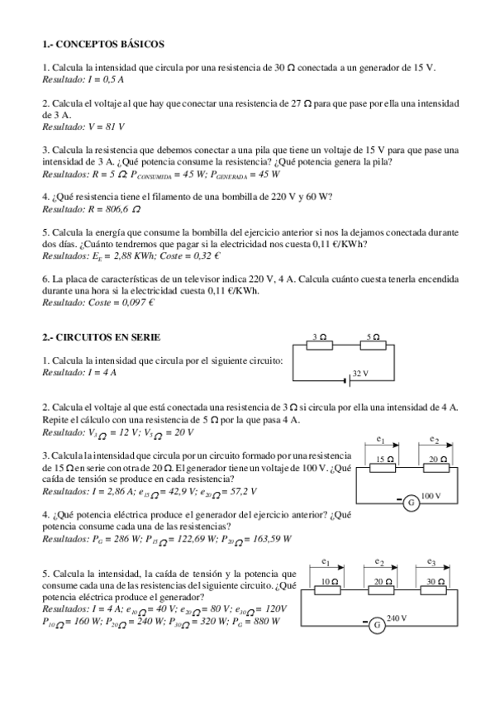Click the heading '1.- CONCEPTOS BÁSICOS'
[x=102, y=44]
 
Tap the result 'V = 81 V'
[x=104, y=126]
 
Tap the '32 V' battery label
[x=360, y=374]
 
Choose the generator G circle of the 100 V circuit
[x=409, y=502]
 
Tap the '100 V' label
[x=432, y=496]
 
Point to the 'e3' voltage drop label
[x=431, y=562]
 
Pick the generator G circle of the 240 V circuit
[x=377, y=625]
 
